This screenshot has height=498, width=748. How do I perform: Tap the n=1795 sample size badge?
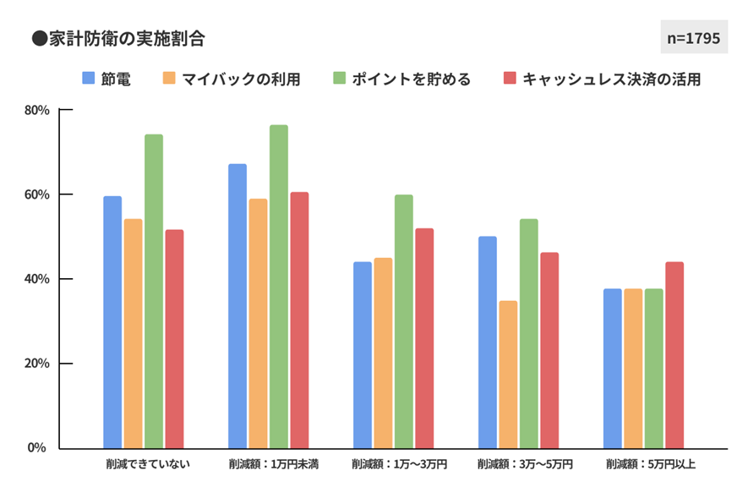(x=693, y=38)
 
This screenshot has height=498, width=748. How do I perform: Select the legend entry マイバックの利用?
(x=231, y=79)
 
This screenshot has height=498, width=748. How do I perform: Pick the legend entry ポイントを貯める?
(x=401, y=79)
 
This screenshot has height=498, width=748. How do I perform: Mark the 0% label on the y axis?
(x=39, y=447)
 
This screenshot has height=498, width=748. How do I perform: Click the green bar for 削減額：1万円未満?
(x=279, y=287)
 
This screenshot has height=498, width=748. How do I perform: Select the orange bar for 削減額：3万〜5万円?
(x=508, y=375)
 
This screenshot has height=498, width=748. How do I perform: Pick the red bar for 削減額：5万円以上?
(x=674, y=355)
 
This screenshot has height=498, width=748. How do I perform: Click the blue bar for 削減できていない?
(x=112, y=322)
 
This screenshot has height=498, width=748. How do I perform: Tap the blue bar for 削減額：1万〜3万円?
(x=363, y=355)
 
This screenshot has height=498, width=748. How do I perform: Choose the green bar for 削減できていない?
(x=154, y=292)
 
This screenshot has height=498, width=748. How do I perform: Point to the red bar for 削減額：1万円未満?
(x=299, y=320)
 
